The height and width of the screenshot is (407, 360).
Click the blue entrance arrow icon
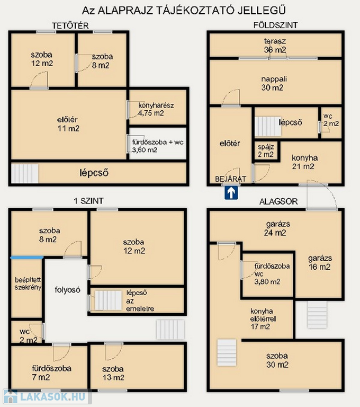(x=231, y=193)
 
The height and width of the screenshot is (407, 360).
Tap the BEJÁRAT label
(x=231, y=179)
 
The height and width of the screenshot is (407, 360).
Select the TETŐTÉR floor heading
(x=70, y=25)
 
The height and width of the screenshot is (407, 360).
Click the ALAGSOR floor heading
(x=278, y=201)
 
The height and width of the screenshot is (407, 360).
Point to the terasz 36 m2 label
(x=275, y=46)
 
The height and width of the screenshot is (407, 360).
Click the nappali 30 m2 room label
(x=274, y=83)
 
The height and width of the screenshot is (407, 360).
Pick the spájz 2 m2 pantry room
(x=266, y=151)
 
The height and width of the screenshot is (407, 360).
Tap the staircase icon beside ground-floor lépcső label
(x=268, y=127)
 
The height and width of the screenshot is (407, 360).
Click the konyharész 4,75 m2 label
(x=156, y=109)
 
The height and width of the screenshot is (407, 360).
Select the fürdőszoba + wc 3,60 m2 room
(x=158, y=143)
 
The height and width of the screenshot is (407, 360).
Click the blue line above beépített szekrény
(x=26, y=258)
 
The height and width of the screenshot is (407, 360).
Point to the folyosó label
(x=67, y=290)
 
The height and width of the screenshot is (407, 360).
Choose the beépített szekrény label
(x=28, y=284)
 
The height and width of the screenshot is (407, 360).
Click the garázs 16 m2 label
(x=320, y=262)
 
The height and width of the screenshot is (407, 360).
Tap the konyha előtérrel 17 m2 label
(x=263, y=318)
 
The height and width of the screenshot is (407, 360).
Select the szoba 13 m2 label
(x=113, y=373)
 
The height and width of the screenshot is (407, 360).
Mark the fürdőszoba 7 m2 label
(x=51, y=373)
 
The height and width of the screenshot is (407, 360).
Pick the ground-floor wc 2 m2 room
(x=331, y=123)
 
